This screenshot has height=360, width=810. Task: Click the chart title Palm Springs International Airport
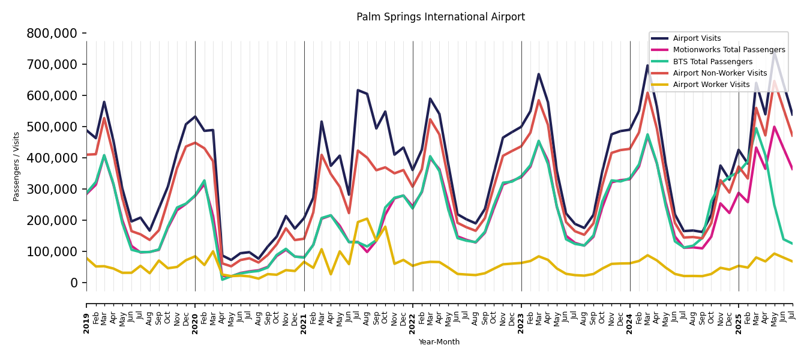pyautogui.click(x=440, y=17)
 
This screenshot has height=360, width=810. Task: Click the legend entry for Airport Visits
pyautogui.click(x=697, y=38)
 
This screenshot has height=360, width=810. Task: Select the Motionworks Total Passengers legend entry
pyautogui.click(x=728, y=50)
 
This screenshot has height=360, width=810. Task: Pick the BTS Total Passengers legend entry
pyautogui.click(x=712, y=62)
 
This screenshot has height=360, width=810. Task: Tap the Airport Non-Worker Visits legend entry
pyautogui.click(x=719, y=73)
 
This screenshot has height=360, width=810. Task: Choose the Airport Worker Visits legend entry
pyautogui.click(x=711, y=85)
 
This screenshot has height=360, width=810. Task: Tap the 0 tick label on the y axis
pyautogui.click(x=74, y=283)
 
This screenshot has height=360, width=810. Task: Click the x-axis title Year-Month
pyautogui.click(x=439, y=342)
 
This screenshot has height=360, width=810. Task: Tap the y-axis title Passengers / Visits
pyautogui.click(x=17, y=166)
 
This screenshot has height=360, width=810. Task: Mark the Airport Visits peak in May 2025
pyautogui.click(x=775, y=53)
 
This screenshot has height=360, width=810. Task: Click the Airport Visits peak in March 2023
pyautogui.click(x=539, y=74)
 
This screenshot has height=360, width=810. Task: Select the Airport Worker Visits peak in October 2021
pyautogui.click(x=385, y=227)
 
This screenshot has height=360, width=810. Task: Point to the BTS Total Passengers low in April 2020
pyautogui.click(x=223, y=279)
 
